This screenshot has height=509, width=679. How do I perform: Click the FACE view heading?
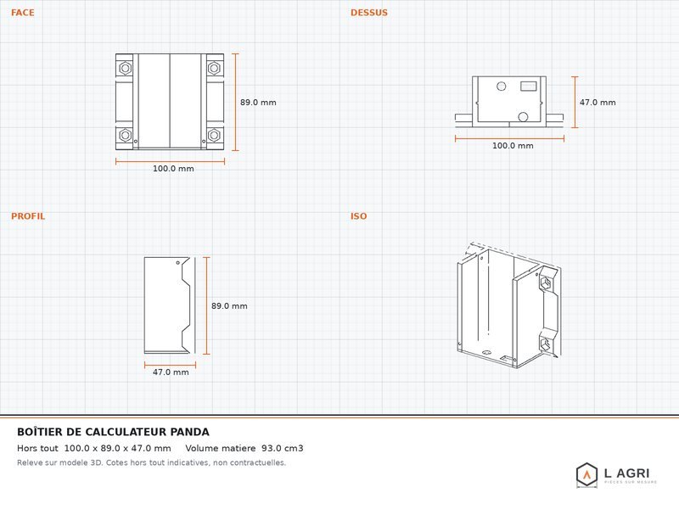pos(23,13)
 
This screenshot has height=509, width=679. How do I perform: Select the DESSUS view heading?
pos(369,13)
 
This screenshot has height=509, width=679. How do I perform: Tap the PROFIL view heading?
pos(28,216)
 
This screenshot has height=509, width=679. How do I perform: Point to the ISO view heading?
pos(358,216)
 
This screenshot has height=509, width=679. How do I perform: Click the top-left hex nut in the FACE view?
pos(125,68)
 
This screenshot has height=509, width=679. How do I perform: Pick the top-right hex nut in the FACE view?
pos(214,68)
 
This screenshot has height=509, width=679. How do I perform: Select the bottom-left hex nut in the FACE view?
pos(125,135)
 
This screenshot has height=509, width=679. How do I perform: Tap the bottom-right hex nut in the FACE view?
pos(214,135)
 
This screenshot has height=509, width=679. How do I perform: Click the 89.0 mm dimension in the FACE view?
pos(258,103)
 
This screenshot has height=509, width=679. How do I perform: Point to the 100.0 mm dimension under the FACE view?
pos(173,168)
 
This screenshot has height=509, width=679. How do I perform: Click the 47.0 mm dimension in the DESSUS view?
pos(598,103)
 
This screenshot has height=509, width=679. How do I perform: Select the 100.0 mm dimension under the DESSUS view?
pos(513,145)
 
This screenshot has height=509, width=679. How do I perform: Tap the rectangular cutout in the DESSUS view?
pos(528,87)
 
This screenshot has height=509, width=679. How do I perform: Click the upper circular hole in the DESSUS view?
pos(502,87)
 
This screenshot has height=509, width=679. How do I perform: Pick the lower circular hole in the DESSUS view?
pos(523,117)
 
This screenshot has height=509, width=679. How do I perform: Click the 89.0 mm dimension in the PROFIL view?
pos(229,306)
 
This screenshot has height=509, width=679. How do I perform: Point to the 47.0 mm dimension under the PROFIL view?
pos(171,372)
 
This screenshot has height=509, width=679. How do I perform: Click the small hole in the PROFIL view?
pos(178,263)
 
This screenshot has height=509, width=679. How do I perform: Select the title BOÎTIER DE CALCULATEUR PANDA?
pos(113,432)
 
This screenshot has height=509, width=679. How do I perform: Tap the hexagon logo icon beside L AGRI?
pos(586,474)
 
